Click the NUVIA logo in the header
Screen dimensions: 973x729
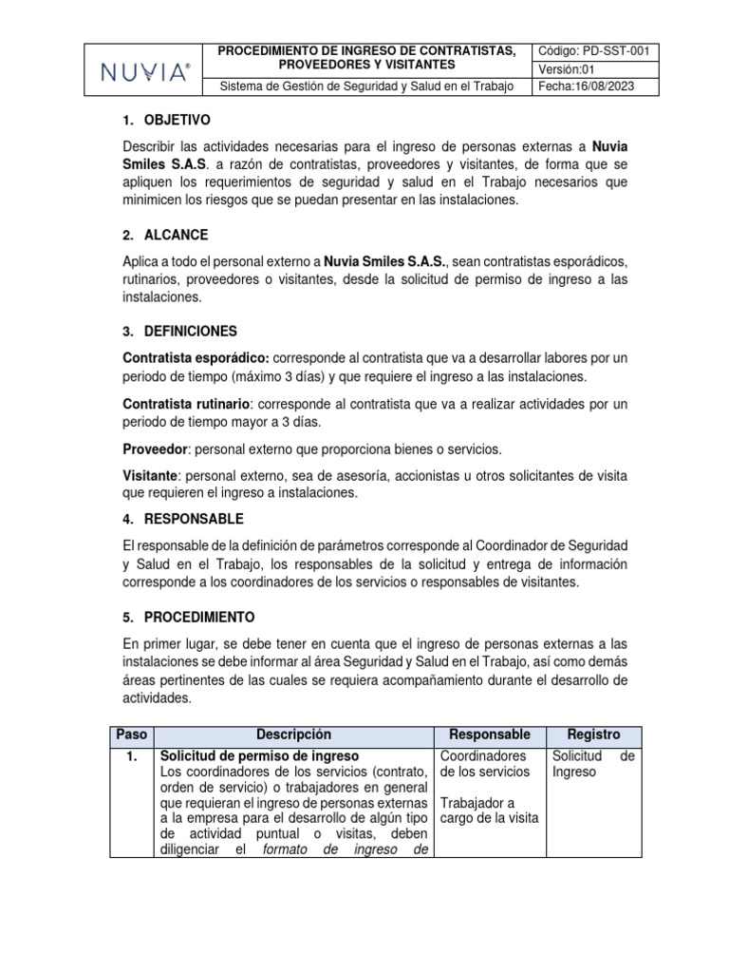tap(145, 71)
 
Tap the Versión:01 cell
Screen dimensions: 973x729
tap(568, 69)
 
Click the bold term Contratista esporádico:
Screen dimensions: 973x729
tap(196, 357)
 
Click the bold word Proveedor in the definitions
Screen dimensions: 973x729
tap(156, 448)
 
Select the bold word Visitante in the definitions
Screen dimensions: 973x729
tap(150, 474)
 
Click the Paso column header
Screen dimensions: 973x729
tap(131, 735)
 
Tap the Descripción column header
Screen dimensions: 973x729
tap(293, 735)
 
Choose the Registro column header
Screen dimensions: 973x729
tap(593, 735)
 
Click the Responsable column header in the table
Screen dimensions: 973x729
tap(489, 735)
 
